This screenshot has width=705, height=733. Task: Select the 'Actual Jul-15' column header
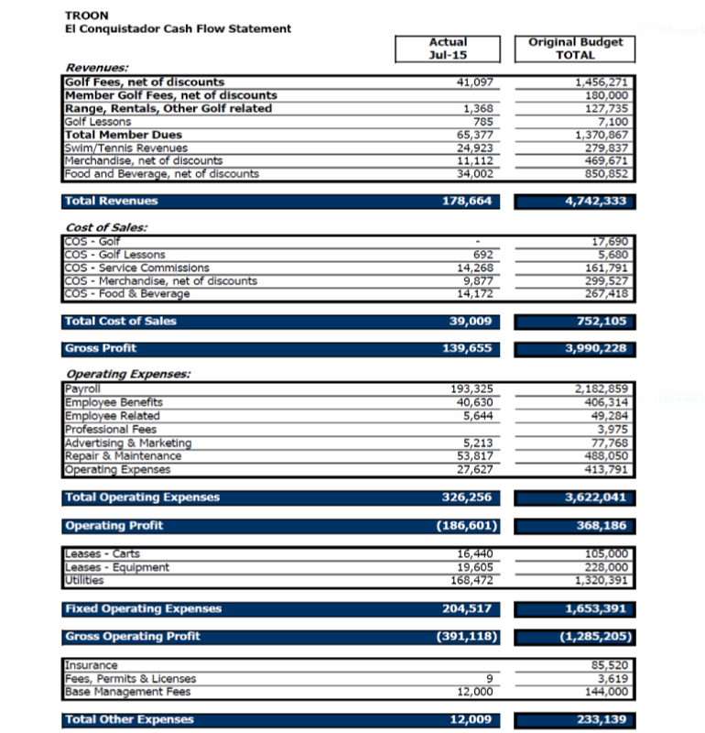tap(448, 49)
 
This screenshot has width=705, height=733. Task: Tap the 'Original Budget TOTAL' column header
tap(575, 49)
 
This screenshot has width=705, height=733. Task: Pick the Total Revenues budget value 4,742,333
tap(595, 202)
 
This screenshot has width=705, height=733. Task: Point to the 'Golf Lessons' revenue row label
tap(98, 122)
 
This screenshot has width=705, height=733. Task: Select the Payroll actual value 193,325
tap(474, 389)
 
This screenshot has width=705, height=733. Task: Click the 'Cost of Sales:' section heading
tap(107, 227)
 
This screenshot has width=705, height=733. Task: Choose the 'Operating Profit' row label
tap(114, 526)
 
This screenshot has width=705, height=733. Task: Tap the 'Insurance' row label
tap(92, 665)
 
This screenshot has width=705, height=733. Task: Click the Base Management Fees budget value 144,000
tap(608, 692)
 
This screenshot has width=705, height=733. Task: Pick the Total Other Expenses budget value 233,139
tap(602, 720)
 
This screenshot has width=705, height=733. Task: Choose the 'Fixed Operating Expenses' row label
tap(144, 609)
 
